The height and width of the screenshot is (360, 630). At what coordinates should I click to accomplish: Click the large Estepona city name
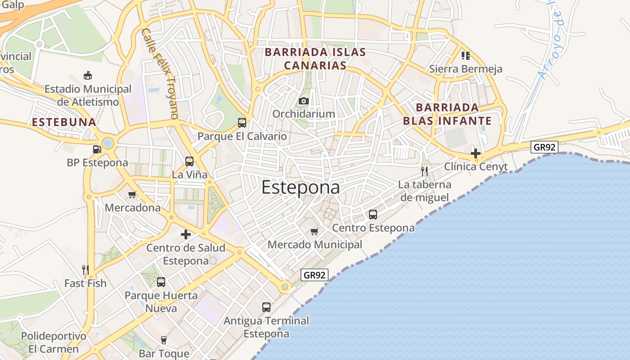click(300, 187)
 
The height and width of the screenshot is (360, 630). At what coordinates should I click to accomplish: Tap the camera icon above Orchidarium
click(304, 101)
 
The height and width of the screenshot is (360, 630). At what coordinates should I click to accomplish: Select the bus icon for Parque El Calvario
click(242, 122)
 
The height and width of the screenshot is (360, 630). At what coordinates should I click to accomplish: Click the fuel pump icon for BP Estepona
click(97, 149)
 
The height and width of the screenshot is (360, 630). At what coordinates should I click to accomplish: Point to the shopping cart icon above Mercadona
click(132, 194)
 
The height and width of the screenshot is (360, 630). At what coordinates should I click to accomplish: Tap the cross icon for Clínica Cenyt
click(476, 153)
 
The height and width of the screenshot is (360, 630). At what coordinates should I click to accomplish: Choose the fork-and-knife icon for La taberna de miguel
click(424, 171)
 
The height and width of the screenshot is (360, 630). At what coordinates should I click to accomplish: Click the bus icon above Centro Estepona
click(373, 215)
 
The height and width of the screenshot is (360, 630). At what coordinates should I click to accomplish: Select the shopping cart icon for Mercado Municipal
click(315, 232)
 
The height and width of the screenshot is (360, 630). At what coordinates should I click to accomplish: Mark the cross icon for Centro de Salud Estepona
click(185, 234)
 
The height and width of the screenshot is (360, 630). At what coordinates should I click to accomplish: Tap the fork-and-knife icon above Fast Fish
click(85, 270)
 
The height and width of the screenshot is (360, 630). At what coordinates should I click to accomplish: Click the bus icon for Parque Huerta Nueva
click(161, 282)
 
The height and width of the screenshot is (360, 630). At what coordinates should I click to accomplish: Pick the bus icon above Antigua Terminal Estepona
click(266, 307)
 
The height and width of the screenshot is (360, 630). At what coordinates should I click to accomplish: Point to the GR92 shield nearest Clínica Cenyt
click(544, 147)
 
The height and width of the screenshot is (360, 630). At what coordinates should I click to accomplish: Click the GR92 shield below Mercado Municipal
click(315, 275)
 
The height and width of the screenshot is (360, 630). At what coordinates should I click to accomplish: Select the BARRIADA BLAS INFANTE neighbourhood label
click(447, 114)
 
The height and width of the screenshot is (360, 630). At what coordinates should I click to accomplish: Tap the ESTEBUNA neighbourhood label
click(64, 122)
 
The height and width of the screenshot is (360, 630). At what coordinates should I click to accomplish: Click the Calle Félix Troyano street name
click(160, 73)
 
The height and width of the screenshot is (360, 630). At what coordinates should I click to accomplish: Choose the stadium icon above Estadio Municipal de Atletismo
click(88, 75)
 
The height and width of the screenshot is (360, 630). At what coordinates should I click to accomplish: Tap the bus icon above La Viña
click(189, 161)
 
